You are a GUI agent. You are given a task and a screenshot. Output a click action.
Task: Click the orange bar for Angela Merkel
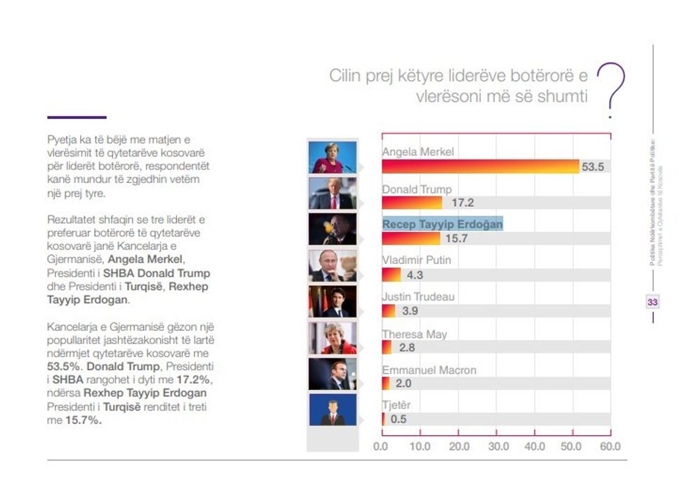[480, 167]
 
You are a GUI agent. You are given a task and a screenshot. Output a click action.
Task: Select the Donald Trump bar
[412, 203]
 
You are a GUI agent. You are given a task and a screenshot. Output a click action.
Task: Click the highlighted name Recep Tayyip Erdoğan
[442, 224]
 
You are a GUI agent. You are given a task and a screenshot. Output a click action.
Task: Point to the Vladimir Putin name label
[416, 260]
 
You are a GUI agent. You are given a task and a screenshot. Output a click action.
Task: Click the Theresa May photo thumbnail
[333, 338]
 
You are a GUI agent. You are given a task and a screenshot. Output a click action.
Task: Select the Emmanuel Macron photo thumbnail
[333, 374]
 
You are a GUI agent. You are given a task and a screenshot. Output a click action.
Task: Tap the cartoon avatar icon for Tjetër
[333, 410]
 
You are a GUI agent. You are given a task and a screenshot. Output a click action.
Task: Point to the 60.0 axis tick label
[610, 446]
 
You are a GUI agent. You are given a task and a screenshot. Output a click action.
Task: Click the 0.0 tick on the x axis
[381, 446]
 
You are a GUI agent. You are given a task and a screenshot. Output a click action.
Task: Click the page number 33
[652, 302]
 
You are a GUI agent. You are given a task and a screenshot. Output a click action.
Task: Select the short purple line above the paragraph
[77, 117]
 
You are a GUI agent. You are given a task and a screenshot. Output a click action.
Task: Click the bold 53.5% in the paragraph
[64, 367]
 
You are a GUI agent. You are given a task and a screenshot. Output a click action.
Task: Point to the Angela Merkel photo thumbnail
[333, 157]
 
